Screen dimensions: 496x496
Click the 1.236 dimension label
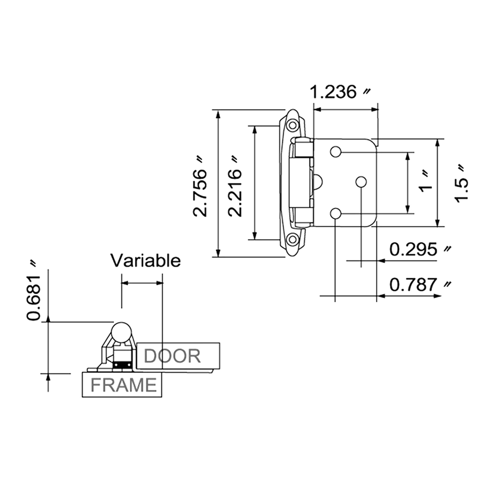coord(333,92)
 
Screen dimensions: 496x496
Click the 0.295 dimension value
coord(414,249)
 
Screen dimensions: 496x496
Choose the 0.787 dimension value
coord(414,285)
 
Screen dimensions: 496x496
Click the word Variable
coord(145,260)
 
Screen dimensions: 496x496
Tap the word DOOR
coord(173,356)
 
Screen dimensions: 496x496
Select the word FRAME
coord(123,385)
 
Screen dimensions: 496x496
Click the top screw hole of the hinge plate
coord(336,151)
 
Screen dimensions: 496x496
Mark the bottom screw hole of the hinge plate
coord(336,213)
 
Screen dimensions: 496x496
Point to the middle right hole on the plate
coord(361,182)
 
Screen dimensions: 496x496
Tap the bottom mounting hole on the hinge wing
coord(293,241)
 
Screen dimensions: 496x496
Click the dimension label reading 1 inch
coord(425,182)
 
